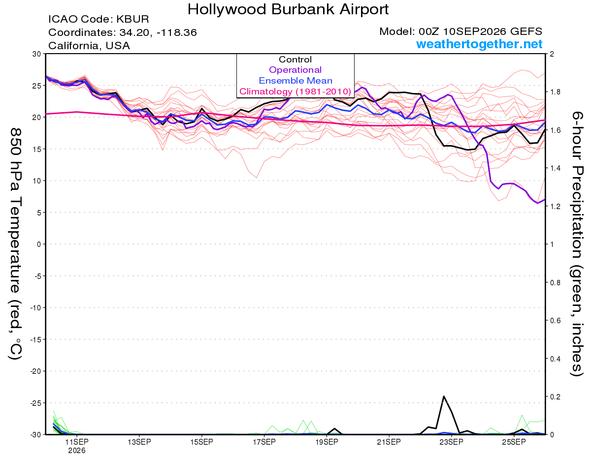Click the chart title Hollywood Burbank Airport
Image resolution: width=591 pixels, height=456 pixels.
pyautogui.click(x=288, y=9)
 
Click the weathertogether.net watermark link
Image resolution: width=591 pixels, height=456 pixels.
pyautogui.click(x=479, y=44)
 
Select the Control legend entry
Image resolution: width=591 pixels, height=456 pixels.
pyautogui.click(x=295, y=60)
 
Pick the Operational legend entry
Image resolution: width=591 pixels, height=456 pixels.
pyautogui.click(x=295, y=70)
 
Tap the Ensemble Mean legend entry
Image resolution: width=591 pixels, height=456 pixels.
pyautogui.click(x=295, y=81)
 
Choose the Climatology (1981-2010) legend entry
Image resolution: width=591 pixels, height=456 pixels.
pyautogui.click(x=295, y=91)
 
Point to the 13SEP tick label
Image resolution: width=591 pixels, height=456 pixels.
pyautogui.click(x=139, y=442)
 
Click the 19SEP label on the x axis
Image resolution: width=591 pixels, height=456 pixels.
pyautogui.click(x=327, y=442)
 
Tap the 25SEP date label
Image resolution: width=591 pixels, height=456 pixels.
pyautogui.click(x=514, y=442)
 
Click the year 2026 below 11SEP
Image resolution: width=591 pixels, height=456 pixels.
pyautogui.click(x=77, y=451)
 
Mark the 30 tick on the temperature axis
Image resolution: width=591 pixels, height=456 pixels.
pyautogui.click(x=37, y=54)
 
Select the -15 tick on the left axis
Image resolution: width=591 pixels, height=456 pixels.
pyautogui.click(x=35, y=339)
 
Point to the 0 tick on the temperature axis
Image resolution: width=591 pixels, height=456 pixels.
pyautogui.click(x=39, y=244)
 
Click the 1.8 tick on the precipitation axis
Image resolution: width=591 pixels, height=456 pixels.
pyautogui.click(x=554, y=92)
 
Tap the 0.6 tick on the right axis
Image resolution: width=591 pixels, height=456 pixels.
pyautogui.click(x=554, y=320)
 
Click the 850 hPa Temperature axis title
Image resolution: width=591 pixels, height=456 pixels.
pyautogui.click(x=16, y=244)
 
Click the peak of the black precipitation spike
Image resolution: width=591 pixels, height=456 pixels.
pyautogui.click(x=444, y=396)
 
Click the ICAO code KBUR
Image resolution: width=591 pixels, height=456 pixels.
pyautogui.click(x=132, y=19)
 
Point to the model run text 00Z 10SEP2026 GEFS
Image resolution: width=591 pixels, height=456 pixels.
pyautogui.click(x=480, y=31)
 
